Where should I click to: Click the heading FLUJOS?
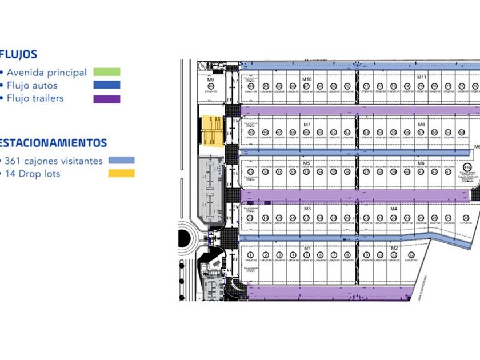coord(19,55)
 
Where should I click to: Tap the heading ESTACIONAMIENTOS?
coord(53,142)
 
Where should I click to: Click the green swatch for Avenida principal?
coord(106,72)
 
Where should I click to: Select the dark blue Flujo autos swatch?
coord(106,85)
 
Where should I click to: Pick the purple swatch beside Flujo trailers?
coord(106,99)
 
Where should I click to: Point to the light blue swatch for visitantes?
coord(121,161)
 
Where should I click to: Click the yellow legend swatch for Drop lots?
coord(121,173)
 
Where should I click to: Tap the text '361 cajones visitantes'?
coord(55,161)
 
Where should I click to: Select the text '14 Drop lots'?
coord(33,174)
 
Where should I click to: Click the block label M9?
coord(210,79)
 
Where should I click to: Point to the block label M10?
coord(307,79)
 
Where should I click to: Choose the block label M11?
coord(422,77)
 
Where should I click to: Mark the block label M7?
coord(307,124)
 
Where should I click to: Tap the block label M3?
coord(307,209)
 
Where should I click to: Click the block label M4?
coord(394,209)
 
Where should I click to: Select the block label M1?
coord(307,248)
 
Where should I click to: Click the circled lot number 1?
coord(251,255)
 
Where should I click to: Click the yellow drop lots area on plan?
coord(212,131)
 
